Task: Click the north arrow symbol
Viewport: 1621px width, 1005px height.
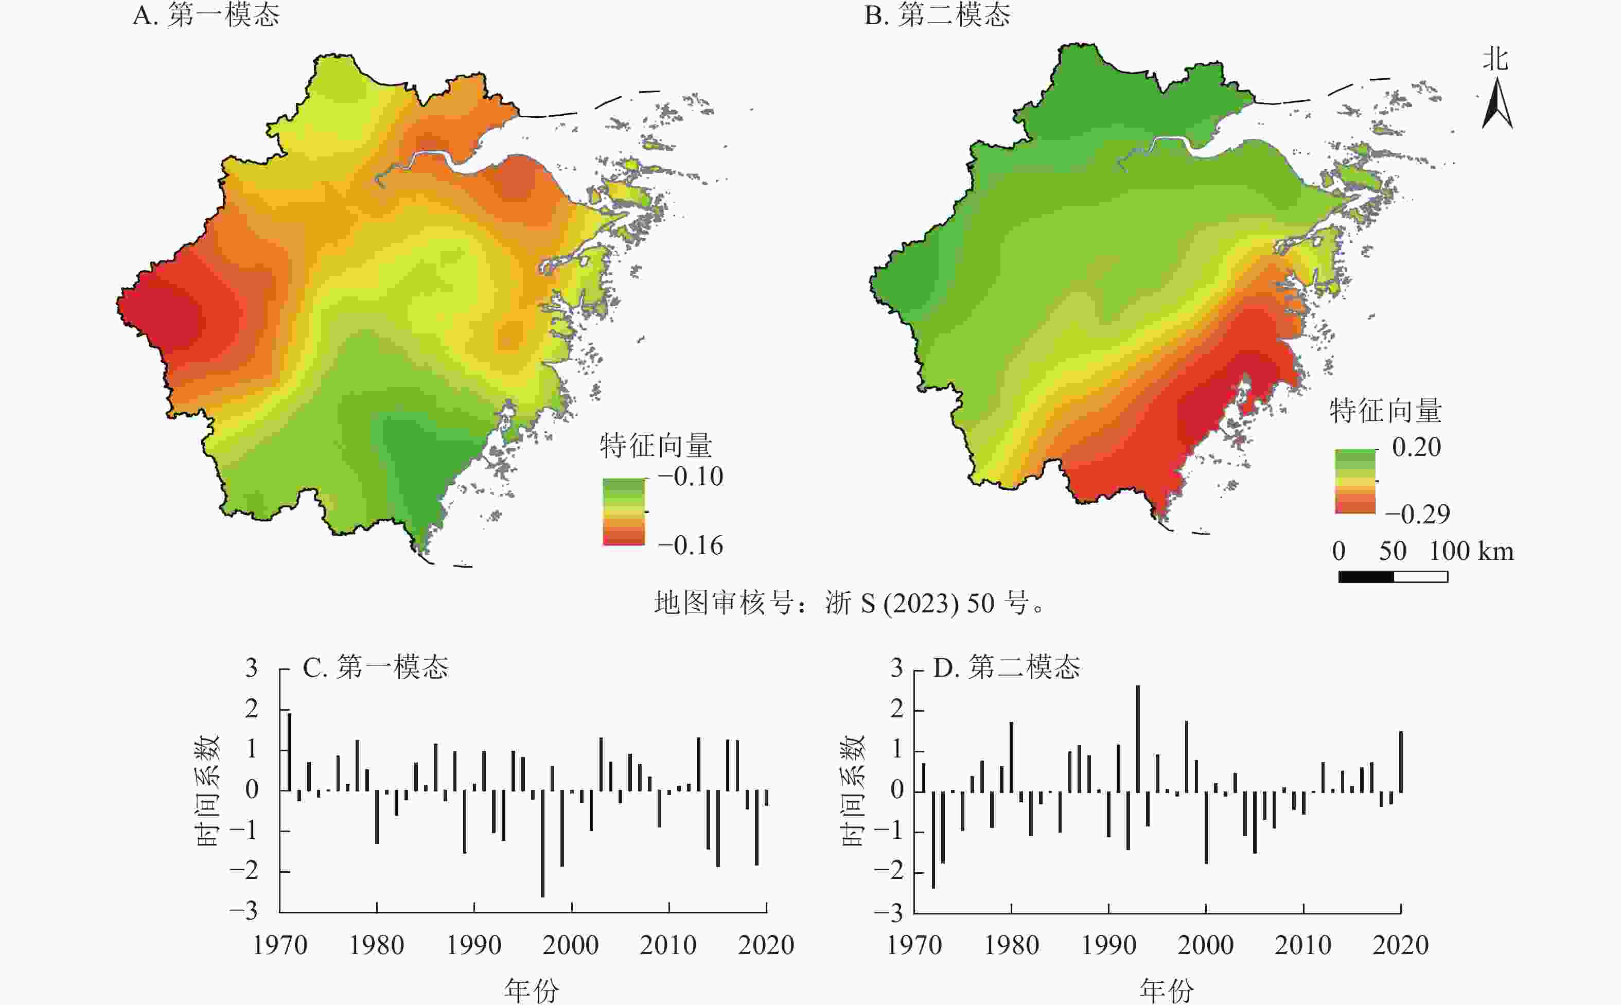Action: (x=1496, y=103)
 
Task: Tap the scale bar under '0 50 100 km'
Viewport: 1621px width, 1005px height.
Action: (x=1393, y=576)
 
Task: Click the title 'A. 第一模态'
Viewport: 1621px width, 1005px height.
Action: (x=206, y=14)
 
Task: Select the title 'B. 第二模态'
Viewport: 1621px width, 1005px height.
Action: (x=937, y=14)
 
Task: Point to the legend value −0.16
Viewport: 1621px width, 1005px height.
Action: (x=690, y=545)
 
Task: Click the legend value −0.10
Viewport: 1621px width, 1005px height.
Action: (x=690, y=477)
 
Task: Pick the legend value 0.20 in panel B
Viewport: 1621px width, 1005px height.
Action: (x=1416, y=447)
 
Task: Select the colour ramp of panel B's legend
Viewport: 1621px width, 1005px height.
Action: (x=1355, y=481)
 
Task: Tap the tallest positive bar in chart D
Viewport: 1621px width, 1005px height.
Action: (x=1138, y=738)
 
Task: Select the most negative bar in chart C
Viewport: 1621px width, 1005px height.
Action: (x=542, y=843)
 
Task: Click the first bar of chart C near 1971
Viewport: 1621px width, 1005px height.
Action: (x=290, y=752)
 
